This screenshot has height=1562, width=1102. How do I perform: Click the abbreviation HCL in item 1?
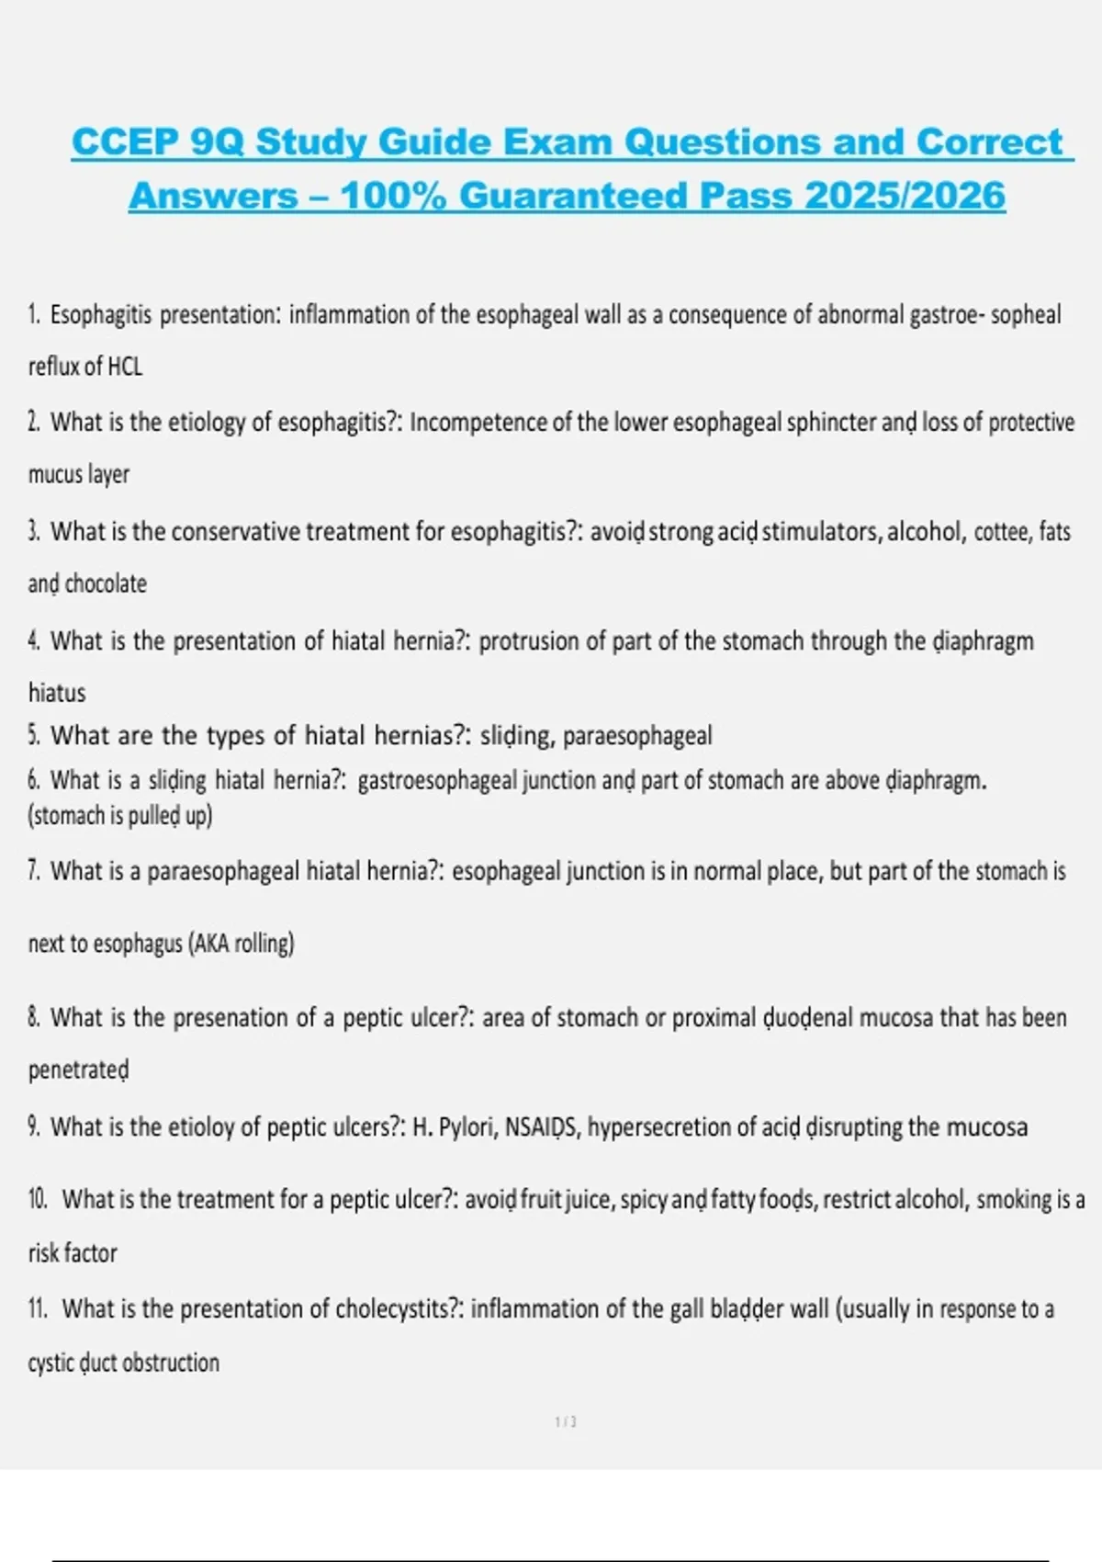pyautogui.click(x=125, y=367)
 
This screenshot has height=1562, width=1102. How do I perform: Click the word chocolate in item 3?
pyautogui.click(x=106, y=583)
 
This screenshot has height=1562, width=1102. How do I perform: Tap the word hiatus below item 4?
pyautogui.click(x=57, y=693)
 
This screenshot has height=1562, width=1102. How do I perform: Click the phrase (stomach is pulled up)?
pyautogui.click(x=120, y=816)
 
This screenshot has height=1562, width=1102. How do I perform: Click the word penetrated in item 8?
pyautogui.click(x=79, y=1070)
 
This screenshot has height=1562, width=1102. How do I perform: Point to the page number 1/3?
pyautogui.click(x=566, y=1421)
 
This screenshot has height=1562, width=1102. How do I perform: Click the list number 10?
pyautogui.click(x=38, y=1199)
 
